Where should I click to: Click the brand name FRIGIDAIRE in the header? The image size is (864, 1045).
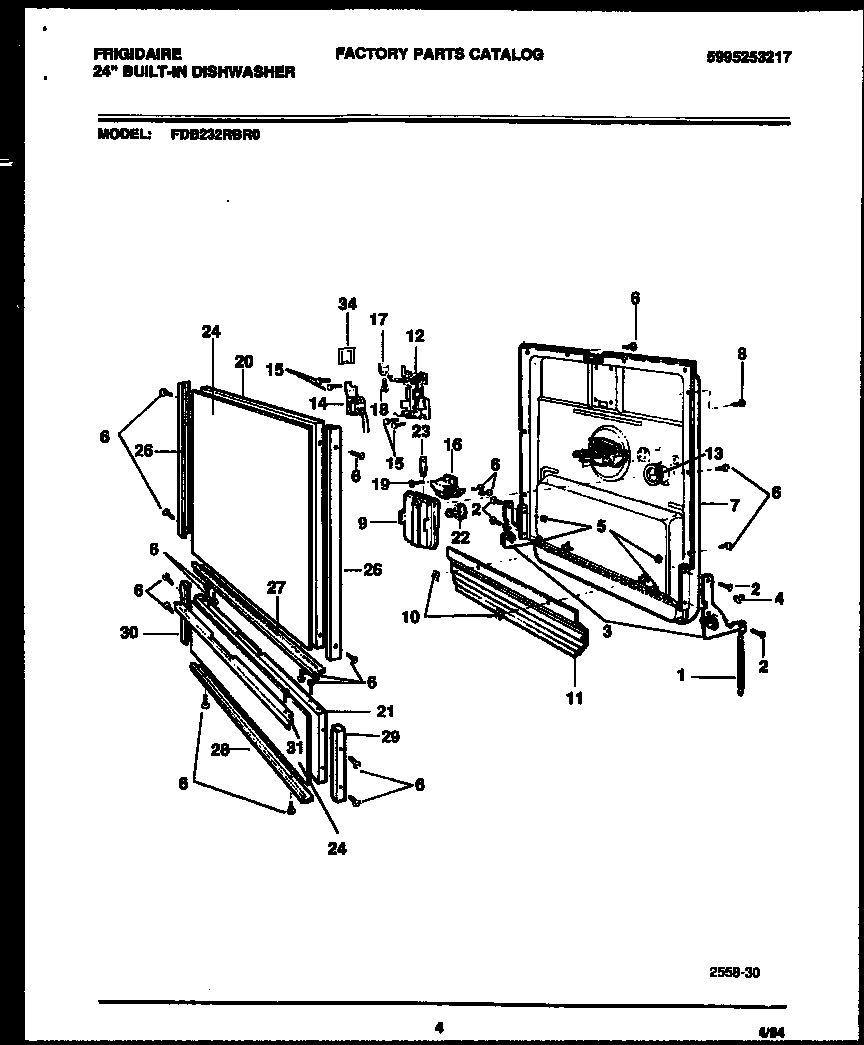coord(139,56)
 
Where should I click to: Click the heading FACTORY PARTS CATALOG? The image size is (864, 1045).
coord(439,54)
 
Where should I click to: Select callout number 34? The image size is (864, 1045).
coord(346,302)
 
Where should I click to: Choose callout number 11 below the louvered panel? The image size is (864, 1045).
coord(574,699)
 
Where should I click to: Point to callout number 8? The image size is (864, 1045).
coord(741,352)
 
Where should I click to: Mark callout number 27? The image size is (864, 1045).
coord(274,589)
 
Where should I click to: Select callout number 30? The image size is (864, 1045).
coord(156,632)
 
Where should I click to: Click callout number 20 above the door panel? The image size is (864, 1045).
coord(243,361)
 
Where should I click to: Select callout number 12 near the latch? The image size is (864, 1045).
coord(414,336)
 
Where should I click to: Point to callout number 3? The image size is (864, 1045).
coord(607,631)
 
